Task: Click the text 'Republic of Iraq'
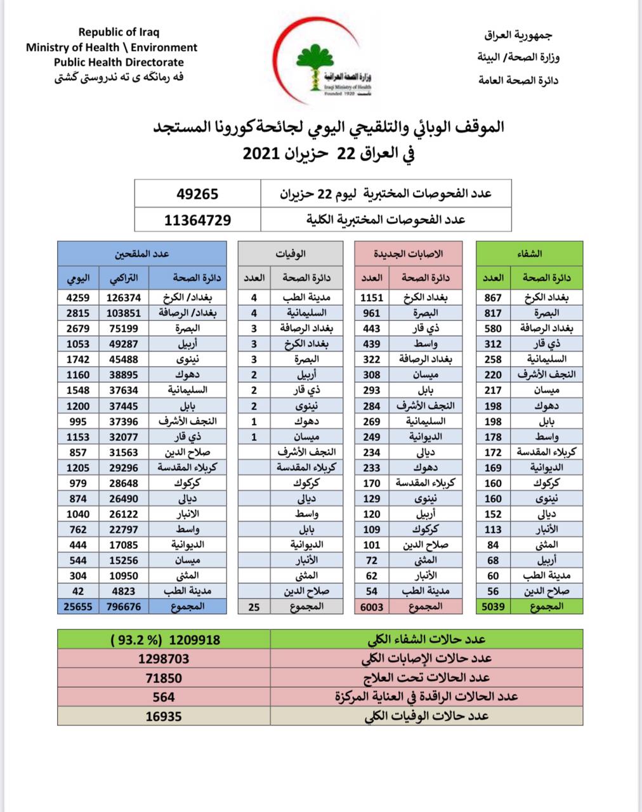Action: click(119, 32)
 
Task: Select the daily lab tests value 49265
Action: click(197, 193)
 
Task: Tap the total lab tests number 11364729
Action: click(197, 220)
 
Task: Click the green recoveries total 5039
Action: click(493, 606)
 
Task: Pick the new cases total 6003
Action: click(372, 606)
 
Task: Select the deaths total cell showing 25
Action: click(254, 606)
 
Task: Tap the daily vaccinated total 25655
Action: click(79, 606)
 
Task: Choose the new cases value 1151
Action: click(372, 297)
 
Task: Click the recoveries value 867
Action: click(493, 297)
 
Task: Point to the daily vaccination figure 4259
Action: click(78, 297)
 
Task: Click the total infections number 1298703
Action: click(164, 658)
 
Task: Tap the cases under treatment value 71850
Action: click(164, 678)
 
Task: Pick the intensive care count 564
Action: click(164, 697)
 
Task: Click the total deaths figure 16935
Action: click(164, 716)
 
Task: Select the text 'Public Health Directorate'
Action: click(119, 62)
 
